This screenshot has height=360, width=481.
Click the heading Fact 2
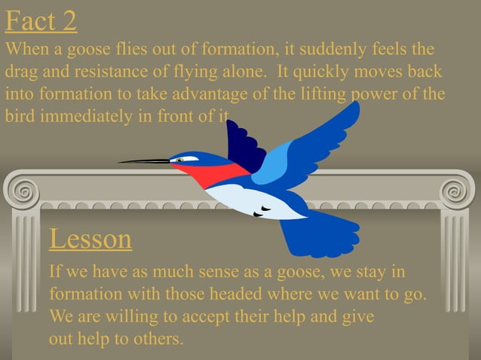[41, 20]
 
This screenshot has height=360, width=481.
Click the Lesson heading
[90, 239]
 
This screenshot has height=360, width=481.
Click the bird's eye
[181, 160]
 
